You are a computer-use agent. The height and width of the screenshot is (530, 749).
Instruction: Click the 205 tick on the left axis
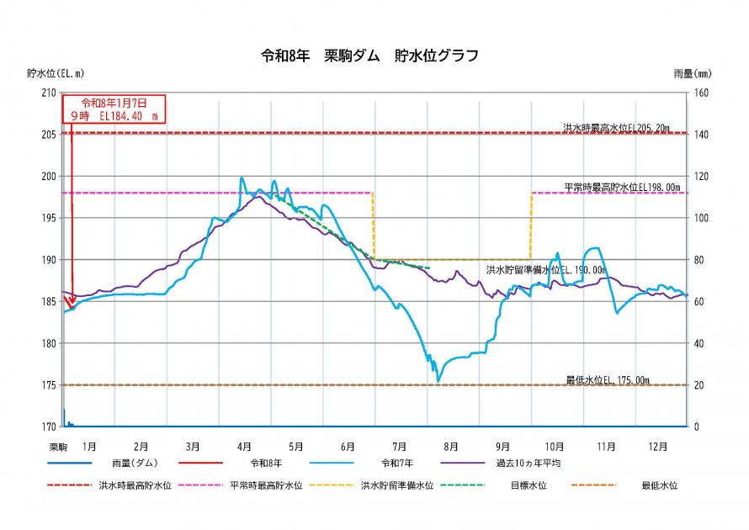click(49, 135)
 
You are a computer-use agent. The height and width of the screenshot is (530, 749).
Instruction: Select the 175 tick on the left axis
click(49, 385)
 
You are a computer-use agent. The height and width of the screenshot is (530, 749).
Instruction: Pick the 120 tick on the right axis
click(701, 177)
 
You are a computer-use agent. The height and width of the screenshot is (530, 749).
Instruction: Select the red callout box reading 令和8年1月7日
click(114, 110)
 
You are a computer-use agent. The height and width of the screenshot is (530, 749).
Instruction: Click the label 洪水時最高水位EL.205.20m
click(616, 128)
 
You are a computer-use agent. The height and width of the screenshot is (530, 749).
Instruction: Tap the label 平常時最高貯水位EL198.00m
click(622, 187)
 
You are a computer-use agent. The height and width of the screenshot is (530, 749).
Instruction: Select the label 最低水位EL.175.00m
click(608, 380)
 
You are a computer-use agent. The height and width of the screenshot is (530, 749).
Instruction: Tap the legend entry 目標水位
click(528, 485)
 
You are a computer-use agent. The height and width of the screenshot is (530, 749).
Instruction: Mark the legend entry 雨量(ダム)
click(139, 463)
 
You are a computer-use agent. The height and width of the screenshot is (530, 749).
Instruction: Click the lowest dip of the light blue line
click(438, 381)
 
